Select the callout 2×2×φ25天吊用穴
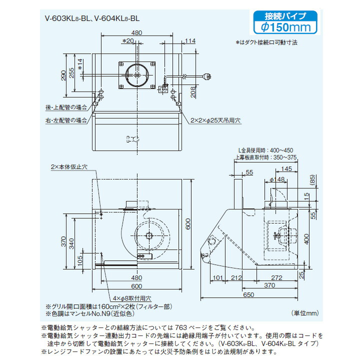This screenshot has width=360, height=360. (x=215, y=120)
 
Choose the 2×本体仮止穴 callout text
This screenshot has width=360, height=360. (x=69, y=166)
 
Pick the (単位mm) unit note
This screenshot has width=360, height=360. (x=305, y=313)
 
